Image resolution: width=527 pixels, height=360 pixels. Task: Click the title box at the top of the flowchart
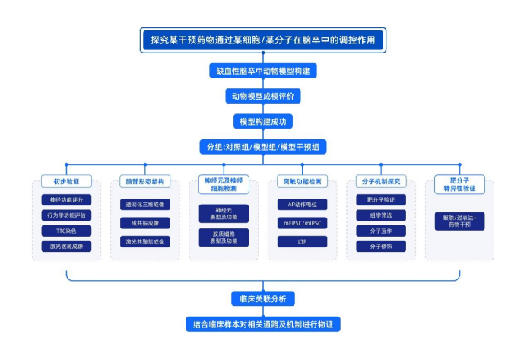pos(263,40)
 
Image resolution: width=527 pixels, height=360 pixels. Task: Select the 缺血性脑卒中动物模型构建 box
pos(263,71)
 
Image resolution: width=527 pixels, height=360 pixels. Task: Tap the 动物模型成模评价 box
pos(263,96)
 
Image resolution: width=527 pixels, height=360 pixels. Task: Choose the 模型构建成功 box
pos(263,121)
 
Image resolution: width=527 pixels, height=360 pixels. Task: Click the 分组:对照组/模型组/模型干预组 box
pos(263,146)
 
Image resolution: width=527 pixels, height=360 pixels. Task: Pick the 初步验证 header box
pos(66,182)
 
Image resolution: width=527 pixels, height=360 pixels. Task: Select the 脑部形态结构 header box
pos(145,182)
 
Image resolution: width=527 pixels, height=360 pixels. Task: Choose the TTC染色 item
pos(66,231)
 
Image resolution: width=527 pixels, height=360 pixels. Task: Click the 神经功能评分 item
pos(66,199)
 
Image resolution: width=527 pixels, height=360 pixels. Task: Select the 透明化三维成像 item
pos(145,204)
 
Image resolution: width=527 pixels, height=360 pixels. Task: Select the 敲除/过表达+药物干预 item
pos(459,221)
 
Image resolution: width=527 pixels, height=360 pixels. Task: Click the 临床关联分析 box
pos(263,299)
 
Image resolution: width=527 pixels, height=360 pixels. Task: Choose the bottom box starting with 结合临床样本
pos(263,324)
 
